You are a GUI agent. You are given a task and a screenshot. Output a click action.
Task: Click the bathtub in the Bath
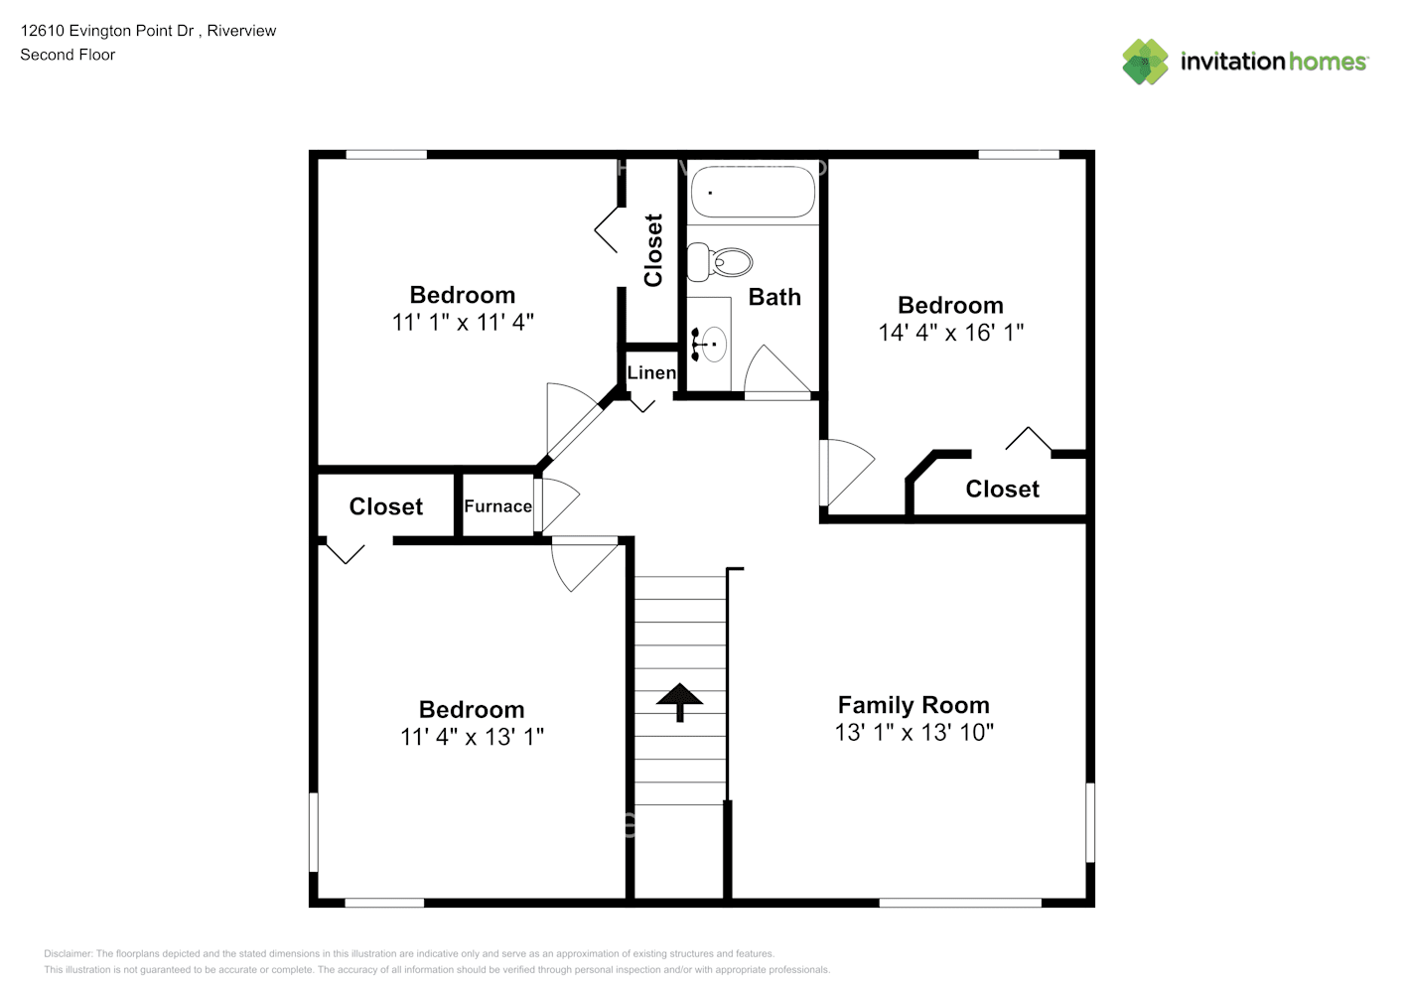753,191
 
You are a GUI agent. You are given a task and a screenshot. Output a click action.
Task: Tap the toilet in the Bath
723,262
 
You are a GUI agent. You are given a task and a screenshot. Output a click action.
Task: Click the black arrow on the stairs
680,701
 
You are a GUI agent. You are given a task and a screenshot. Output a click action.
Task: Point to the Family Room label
913,705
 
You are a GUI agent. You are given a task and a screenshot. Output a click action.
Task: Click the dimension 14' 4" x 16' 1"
950,333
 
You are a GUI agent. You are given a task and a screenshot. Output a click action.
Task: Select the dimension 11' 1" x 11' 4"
463,322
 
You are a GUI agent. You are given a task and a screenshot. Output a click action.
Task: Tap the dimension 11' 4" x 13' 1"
472,737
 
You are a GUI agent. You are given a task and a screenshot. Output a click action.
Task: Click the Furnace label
497,506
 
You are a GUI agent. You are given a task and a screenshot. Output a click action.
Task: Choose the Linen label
651,372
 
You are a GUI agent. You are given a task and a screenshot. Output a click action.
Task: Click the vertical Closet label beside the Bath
653,250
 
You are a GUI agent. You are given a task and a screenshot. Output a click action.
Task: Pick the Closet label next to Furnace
386,506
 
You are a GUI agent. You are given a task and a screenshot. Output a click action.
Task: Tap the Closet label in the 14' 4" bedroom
1002,489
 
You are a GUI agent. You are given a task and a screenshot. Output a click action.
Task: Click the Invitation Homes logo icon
1145,62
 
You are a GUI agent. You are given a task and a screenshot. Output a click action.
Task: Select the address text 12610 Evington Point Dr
107,31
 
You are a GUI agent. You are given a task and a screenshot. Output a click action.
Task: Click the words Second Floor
68,55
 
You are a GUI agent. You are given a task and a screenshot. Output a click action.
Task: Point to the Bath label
774,297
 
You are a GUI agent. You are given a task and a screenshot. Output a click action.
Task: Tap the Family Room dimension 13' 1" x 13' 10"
913,733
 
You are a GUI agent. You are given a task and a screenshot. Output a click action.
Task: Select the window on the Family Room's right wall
1089,822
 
